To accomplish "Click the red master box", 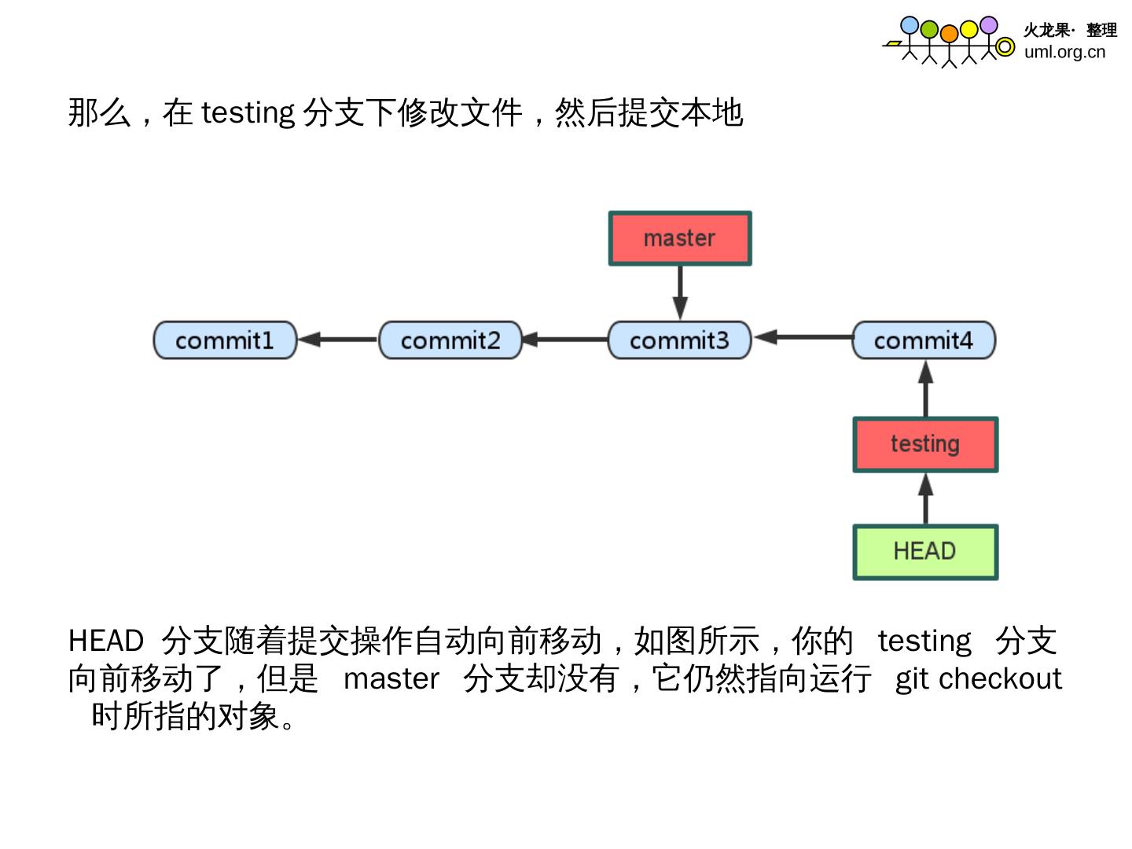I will point(680,238).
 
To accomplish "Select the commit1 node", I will point(225,340).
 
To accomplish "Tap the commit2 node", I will point(450,340).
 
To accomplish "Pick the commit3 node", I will point(680,340).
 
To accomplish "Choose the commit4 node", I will point(924,340).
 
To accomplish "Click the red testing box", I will point(925,444).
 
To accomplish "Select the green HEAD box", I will point(925,552).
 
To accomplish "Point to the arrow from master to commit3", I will point(681,292).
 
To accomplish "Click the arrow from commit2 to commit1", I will point(338,340).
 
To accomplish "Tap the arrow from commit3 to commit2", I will point(565,340).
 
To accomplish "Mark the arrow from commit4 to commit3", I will point(803,337).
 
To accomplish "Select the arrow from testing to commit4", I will point(926,388).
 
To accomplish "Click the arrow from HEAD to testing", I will point(926,498).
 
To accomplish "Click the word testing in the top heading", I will point(248,112).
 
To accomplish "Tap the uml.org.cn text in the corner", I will point(1064,52).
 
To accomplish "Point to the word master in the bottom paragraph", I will point(391,678).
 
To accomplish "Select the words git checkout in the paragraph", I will point(979,678).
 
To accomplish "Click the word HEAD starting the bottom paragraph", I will point(106,641).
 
